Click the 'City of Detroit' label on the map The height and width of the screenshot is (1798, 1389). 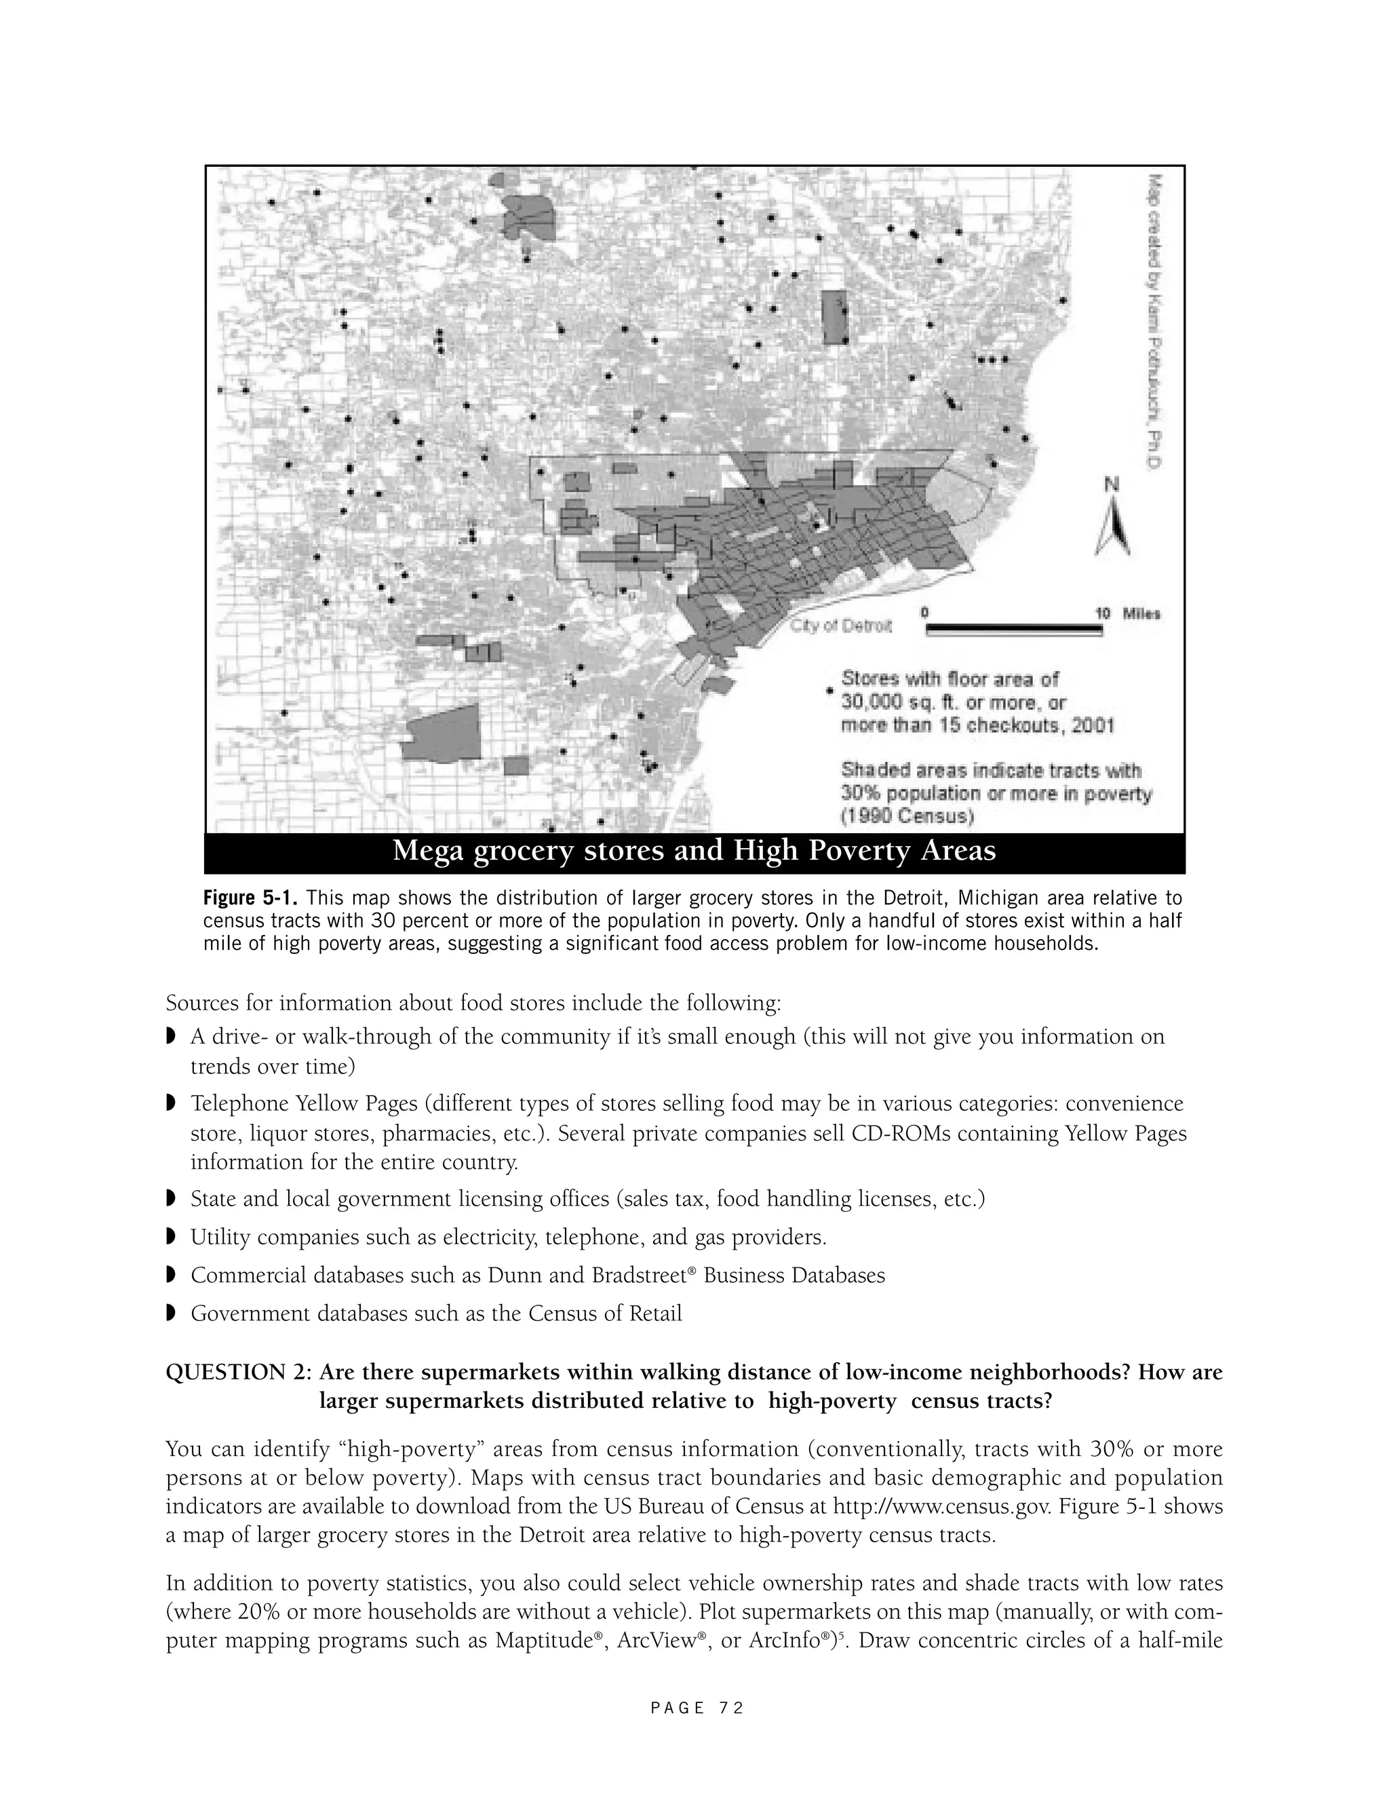click(841, 626)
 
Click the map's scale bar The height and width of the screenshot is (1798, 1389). click(1013, 630)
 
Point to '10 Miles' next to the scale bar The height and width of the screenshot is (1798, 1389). click(1127, 613)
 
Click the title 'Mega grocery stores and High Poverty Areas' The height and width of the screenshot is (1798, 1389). click(694, 850)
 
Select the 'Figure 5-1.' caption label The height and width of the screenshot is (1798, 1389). click(251, 898)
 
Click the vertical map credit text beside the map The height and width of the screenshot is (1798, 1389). click(1154, 321)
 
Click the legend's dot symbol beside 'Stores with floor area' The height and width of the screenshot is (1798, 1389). click(829, 692)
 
